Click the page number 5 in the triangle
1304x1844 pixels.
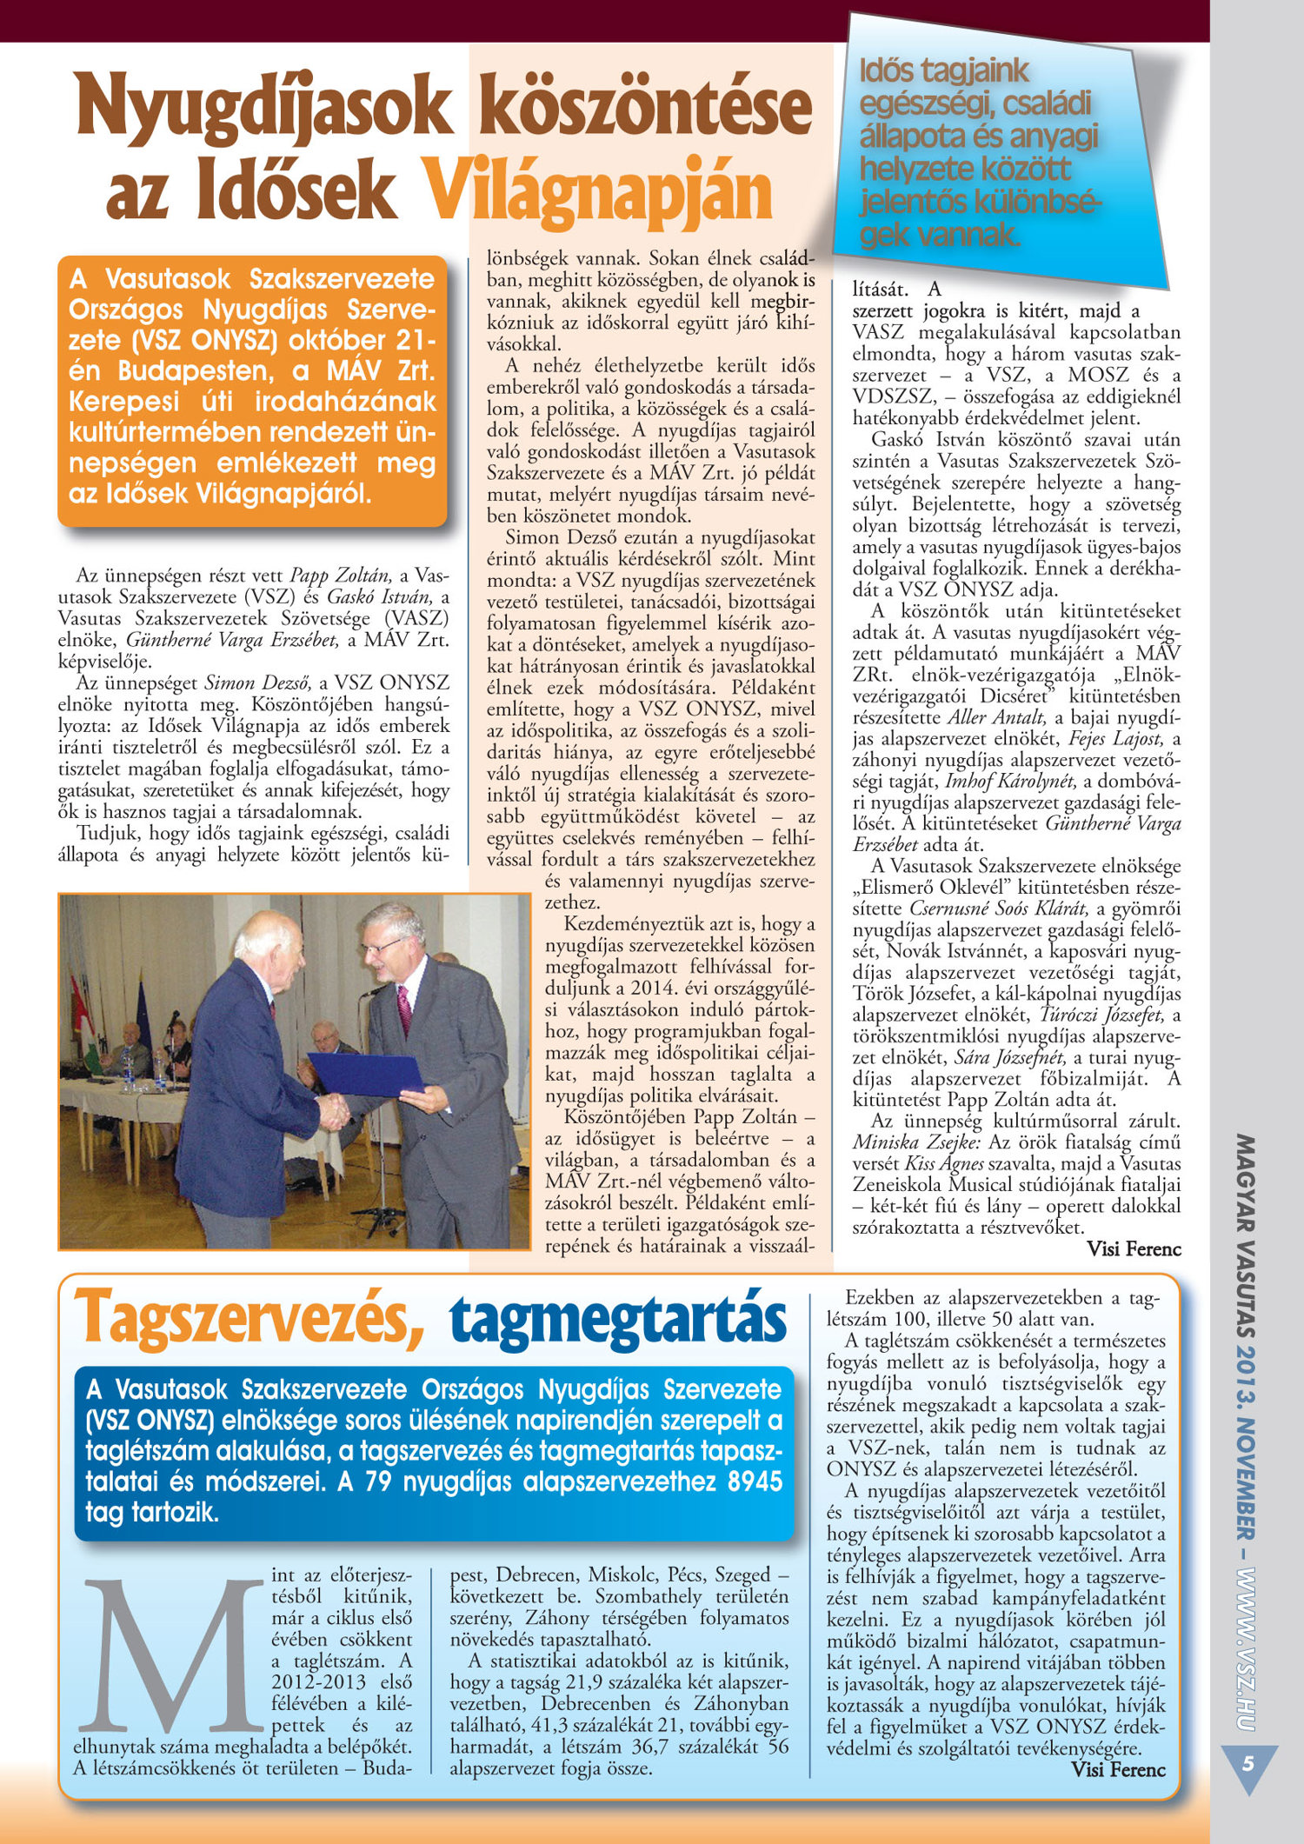tap(1248, 1763)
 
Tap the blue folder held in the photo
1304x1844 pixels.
tap(365, 1073)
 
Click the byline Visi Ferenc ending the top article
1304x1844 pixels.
tap(1134, 1248)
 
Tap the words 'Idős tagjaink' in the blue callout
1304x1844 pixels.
tap(943, 71)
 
